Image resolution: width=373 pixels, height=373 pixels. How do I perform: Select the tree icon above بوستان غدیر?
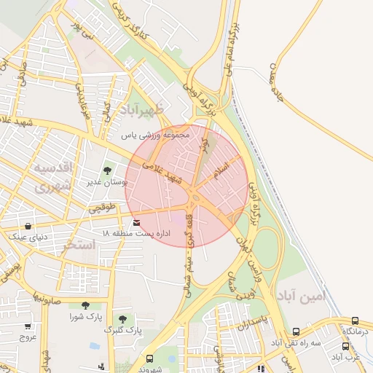107,170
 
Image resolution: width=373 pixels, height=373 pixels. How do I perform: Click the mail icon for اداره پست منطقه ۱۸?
137,221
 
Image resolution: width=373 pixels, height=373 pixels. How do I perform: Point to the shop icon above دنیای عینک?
28,226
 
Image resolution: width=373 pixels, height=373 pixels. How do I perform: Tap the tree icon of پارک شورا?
85,306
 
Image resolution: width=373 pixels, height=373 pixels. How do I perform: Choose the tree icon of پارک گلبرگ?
122,319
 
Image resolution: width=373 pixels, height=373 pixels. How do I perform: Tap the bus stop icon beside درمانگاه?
355,321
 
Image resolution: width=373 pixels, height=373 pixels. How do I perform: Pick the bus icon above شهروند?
149,358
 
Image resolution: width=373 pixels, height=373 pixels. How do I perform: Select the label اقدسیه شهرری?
52,176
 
